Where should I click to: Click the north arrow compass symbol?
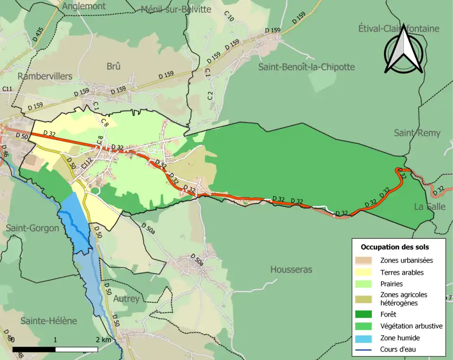coord(403,50)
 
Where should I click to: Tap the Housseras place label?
coord(291,269)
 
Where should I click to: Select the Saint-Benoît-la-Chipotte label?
coord(306,67)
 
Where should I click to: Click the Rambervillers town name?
coord(45,76)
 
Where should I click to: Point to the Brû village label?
coord(113,67)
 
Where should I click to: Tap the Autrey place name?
coord(126,299)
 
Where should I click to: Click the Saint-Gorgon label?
coord(32,228)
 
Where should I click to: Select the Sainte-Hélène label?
coord(48,320)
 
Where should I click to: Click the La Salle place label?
coord(429,207)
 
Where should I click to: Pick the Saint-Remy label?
coord(417,133)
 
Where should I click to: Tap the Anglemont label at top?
coord(84,6)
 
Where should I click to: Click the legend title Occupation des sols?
coord(395,247)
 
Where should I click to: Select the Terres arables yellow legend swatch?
coord(367,272)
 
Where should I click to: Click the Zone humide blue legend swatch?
coord(367,338)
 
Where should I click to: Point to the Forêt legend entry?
coord(388,314)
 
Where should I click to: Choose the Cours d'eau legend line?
coord(367,350)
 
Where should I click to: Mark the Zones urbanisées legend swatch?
coord(367,260)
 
